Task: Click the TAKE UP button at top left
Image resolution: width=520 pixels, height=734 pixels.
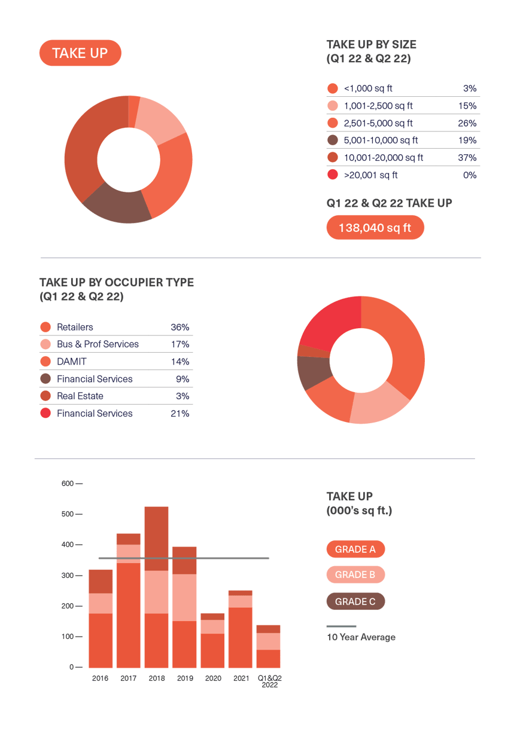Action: click(x=80, y=53)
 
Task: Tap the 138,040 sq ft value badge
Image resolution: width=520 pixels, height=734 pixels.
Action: click(x=375, y=228)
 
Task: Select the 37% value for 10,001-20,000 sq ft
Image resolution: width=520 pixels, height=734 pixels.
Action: click(x=468, y=158)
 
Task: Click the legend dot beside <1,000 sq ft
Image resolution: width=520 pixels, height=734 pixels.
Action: click(x=333, y=88)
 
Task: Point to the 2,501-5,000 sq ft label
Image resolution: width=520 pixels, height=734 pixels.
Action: click(x=378, y=123)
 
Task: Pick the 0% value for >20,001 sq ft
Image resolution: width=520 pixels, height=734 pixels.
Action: click(x=469, y=175)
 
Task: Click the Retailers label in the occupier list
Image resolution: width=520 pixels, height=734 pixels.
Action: click(x=75, y=327)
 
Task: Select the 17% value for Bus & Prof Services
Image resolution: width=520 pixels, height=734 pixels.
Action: click(x=180, y=344)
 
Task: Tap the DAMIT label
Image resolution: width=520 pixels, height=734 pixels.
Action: click(x=72, y=362)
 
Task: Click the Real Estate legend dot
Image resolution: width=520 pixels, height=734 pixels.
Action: click(x=45, y=396)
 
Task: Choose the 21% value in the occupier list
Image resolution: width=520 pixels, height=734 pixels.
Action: click(x=180, y=414)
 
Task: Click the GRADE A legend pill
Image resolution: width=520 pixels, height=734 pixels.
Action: click(x=355, y=549)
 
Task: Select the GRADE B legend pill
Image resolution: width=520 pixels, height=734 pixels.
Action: click(x=355, y=575)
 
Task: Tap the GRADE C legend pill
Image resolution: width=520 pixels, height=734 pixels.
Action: click(x=355, y=601)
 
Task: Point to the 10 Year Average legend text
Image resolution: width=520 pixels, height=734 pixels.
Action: click(x=361, y=637)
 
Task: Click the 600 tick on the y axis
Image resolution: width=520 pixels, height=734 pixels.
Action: click(x=68, y=484)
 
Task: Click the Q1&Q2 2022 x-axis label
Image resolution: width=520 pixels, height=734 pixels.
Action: click(x=269, y=681)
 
